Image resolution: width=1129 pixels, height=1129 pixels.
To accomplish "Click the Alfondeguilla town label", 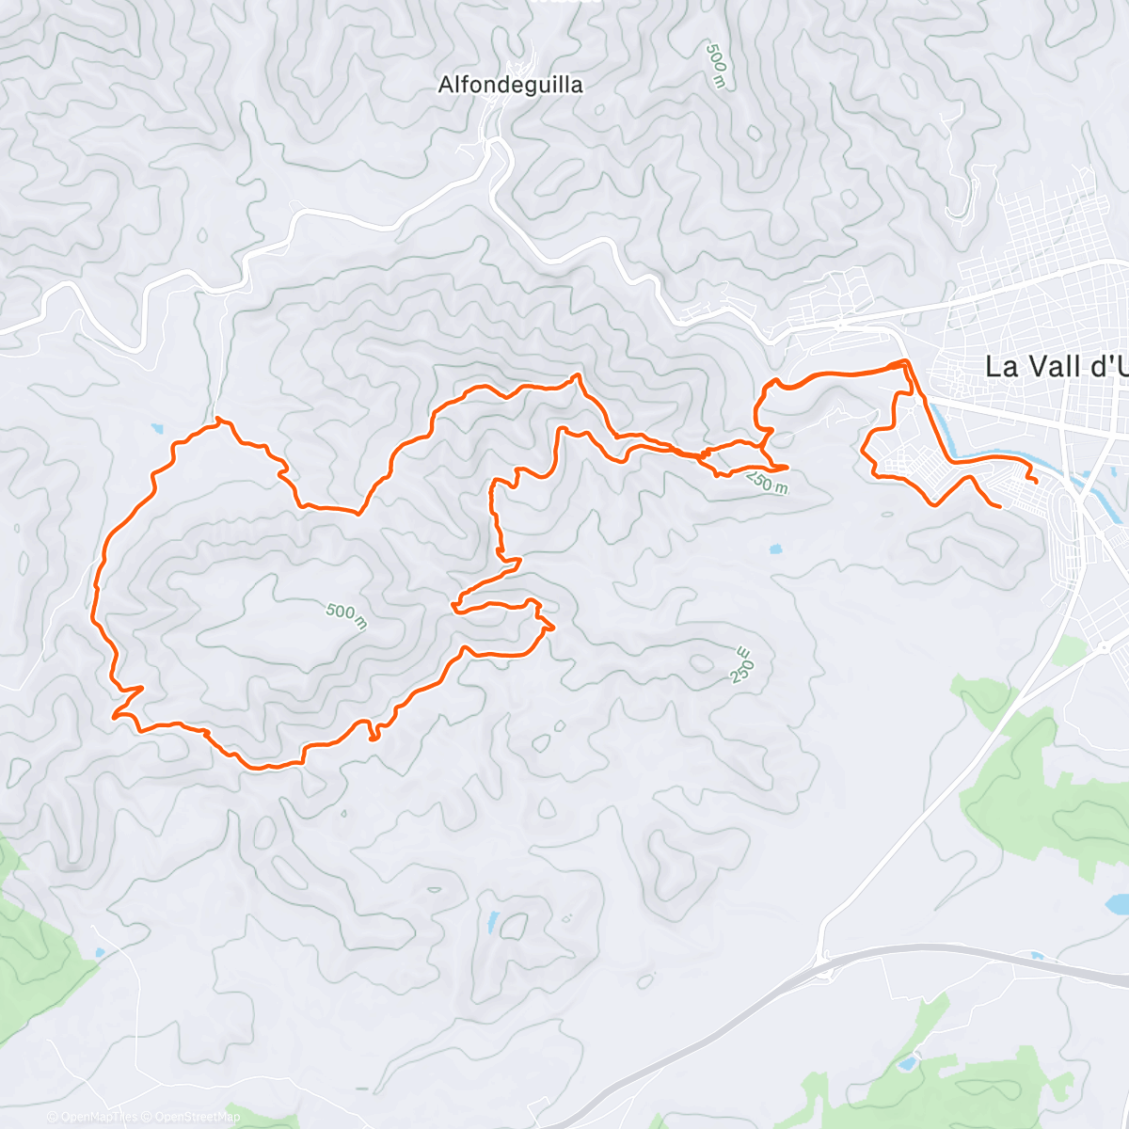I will pyautogui.click(x=510, y=86).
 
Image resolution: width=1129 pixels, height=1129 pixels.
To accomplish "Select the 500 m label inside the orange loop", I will pyautogui.click(x=346, y=615).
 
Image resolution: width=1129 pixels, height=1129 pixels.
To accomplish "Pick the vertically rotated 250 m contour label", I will pyautogui.click(x=741, y=665).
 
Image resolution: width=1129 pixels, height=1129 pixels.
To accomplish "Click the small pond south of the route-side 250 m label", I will pyautogui.click(x=774, y=549).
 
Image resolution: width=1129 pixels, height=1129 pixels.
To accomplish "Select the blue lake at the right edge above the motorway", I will pyautogui.click(x=1118, y=905).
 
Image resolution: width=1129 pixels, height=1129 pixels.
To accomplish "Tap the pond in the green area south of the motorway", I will pyautogui.click(x=907, y=1064).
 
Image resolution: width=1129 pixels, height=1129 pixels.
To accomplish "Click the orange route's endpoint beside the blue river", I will pyautogui.click(x=1036, y=482).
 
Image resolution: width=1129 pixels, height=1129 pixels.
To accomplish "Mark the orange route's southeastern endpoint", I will pyautogui.click(x=999, y=507).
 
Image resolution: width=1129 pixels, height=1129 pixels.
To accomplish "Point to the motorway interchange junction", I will pyautogui.click(x=824, y=958).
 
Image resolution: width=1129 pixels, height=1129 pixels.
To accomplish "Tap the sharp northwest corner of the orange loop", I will pyautogui.click(x=217, y=419).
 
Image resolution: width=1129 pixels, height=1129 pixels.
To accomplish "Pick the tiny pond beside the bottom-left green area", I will pyautogui.click(x=98, y=954).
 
